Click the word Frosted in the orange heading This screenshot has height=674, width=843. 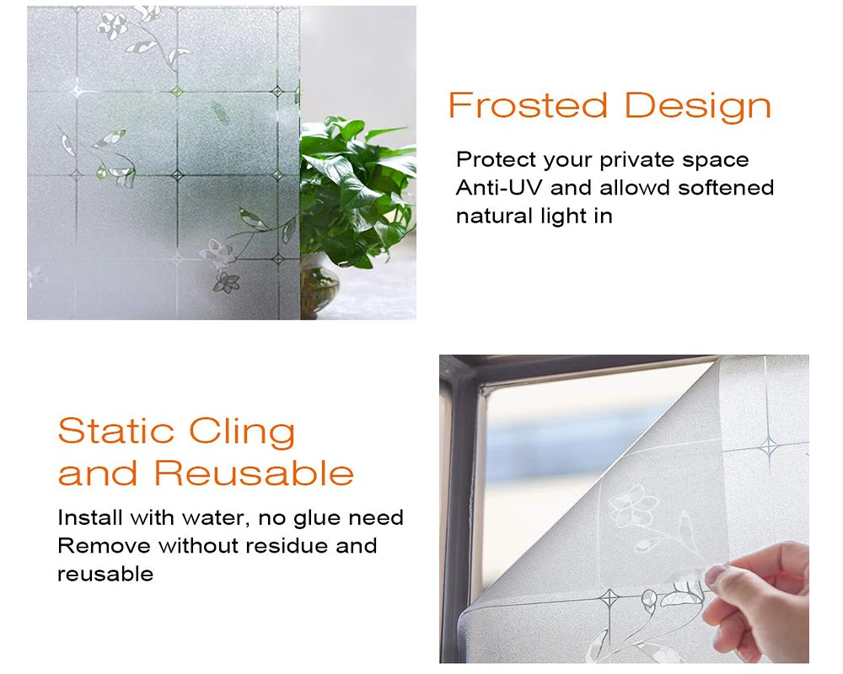528,104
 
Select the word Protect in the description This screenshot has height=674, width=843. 497,159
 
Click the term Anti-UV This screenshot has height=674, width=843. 499,188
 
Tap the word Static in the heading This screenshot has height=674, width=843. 116,431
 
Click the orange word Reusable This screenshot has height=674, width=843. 254,473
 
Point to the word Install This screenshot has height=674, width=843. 91,517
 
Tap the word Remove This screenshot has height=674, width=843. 104,546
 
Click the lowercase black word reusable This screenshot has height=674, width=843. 105,574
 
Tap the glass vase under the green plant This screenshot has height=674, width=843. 319,287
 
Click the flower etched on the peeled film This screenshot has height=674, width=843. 633,505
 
